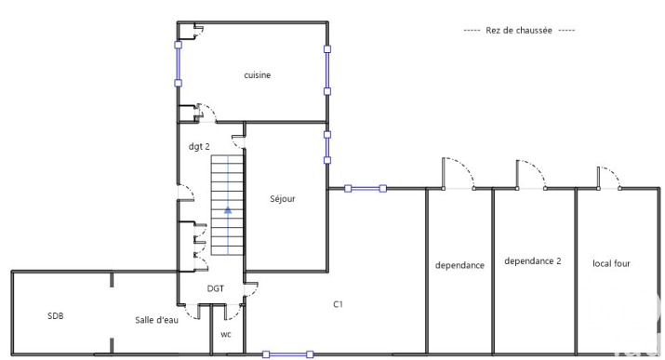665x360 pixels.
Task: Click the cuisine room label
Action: point(257,75)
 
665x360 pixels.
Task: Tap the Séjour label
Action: point(283,198)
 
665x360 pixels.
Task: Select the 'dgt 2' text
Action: point(199,147)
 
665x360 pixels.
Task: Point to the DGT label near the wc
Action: point(216,288)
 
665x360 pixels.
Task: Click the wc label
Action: point(226,335)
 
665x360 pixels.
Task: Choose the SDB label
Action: point(56,316)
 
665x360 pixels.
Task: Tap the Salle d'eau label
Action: point(156,320)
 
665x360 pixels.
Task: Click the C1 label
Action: point(338,304)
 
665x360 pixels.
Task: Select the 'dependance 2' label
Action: point(533,261)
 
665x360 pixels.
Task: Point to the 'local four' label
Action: point(611,263)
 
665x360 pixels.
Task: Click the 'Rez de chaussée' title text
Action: point(519,30)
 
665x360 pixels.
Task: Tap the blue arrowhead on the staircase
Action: point(228,209)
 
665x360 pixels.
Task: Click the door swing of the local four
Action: point(608,178)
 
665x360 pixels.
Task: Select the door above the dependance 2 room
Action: point(531,174)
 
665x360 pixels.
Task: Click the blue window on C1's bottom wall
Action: point(288,354)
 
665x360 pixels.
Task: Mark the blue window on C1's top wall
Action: point(366,188)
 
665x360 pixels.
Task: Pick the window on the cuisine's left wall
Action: point(179,63)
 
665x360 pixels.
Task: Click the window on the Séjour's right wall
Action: point(327,147)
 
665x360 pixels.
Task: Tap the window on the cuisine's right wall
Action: point(327,70)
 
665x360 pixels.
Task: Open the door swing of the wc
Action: point(233,312)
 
